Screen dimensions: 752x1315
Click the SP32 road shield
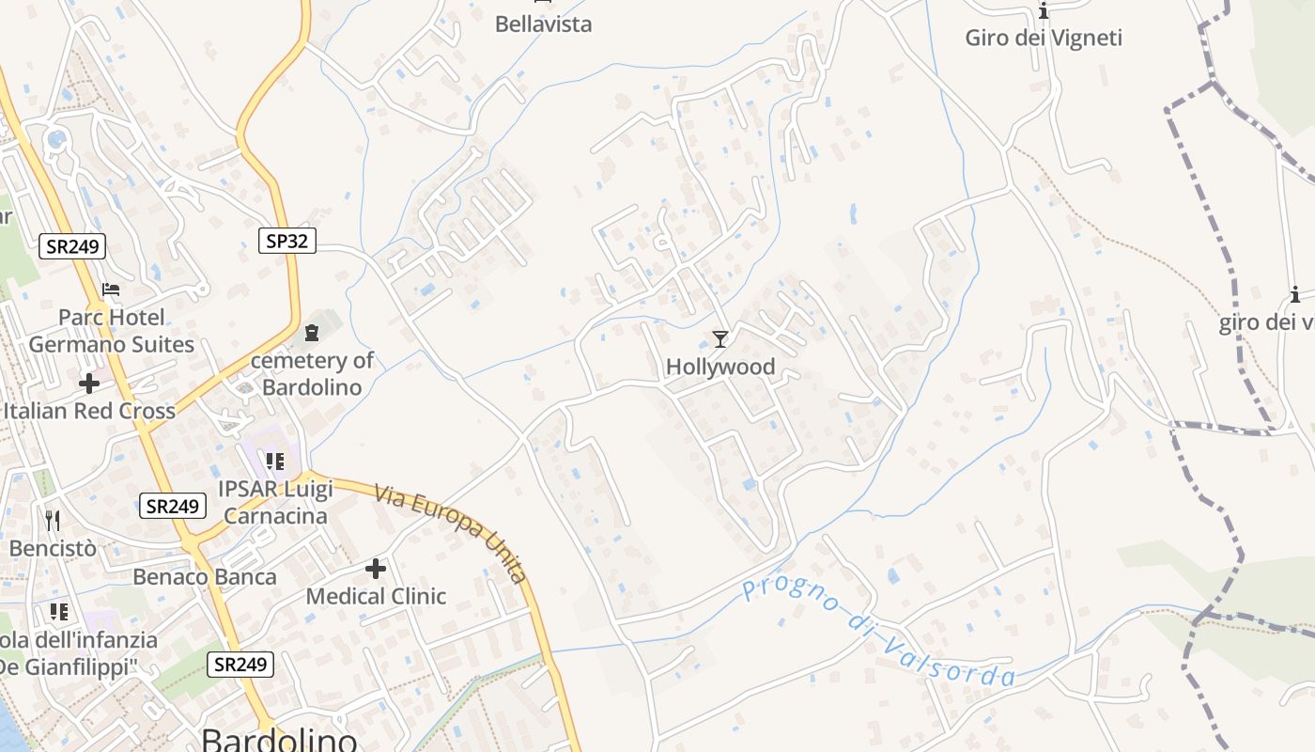tap(286, 241)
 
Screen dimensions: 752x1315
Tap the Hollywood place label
tap(720, 367)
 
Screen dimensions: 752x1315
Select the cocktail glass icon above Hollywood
tap(720, 338)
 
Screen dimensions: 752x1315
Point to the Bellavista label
tap(543, 23)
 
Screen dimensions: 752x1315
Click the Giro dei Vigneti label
tap(1044, 38)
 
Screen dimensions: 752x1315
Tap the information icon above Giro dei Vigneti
tap(1044, 11)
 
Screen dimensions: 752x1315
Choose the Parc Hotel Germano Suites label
tap(111, 331)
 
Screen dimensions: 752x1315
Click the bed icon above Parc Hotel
tap(111, 290)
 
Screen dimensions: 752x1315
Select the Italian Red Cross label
tap(89, 411)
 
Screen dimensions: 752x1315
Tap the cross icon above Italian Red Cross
tap(89, 384)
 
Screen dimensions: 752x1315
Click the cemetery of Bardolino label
tap(312, 373)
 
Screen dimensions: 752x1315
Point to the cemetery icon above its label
tap(312, 332)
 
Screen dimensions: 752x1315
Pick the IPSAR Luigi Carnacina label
tap(274, 502)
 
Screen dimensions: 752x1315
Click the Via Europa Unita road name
tap(452, 532)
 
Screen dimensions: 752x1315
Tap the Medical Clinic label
tap(376, 596)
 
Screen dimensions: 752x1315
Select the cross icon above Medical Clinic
tap(376, 569)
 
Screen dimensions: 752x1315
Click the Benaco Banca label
tap(205, 576)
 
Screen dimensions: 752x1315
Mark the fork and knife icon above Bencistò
tap(53, 520)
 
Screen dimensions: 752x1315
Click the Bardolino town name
tap(279, 739)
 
